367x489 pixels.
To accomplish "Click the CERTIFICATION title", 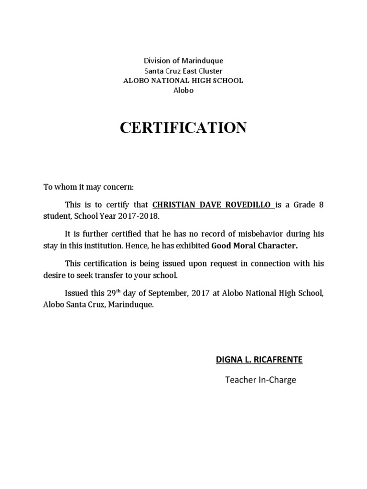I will click(x=183, y=128).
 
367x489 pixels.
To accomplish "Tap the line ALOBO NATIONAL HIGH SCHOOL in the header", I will click(x=183, y=81).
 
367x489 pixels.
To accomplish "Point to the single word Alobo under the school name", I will click(x=183, y=90).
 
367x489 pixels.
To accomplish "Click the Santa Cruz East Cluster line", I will click(x=183, y=71).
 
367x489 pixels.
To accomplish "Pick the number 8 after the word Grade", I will click(x=321, y=205).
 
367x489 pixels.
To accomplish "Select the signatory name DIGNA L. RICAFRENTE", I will click(x=259, y=360).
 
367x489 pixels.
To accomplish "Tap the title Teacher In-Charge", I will click(x=261, y=380).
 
